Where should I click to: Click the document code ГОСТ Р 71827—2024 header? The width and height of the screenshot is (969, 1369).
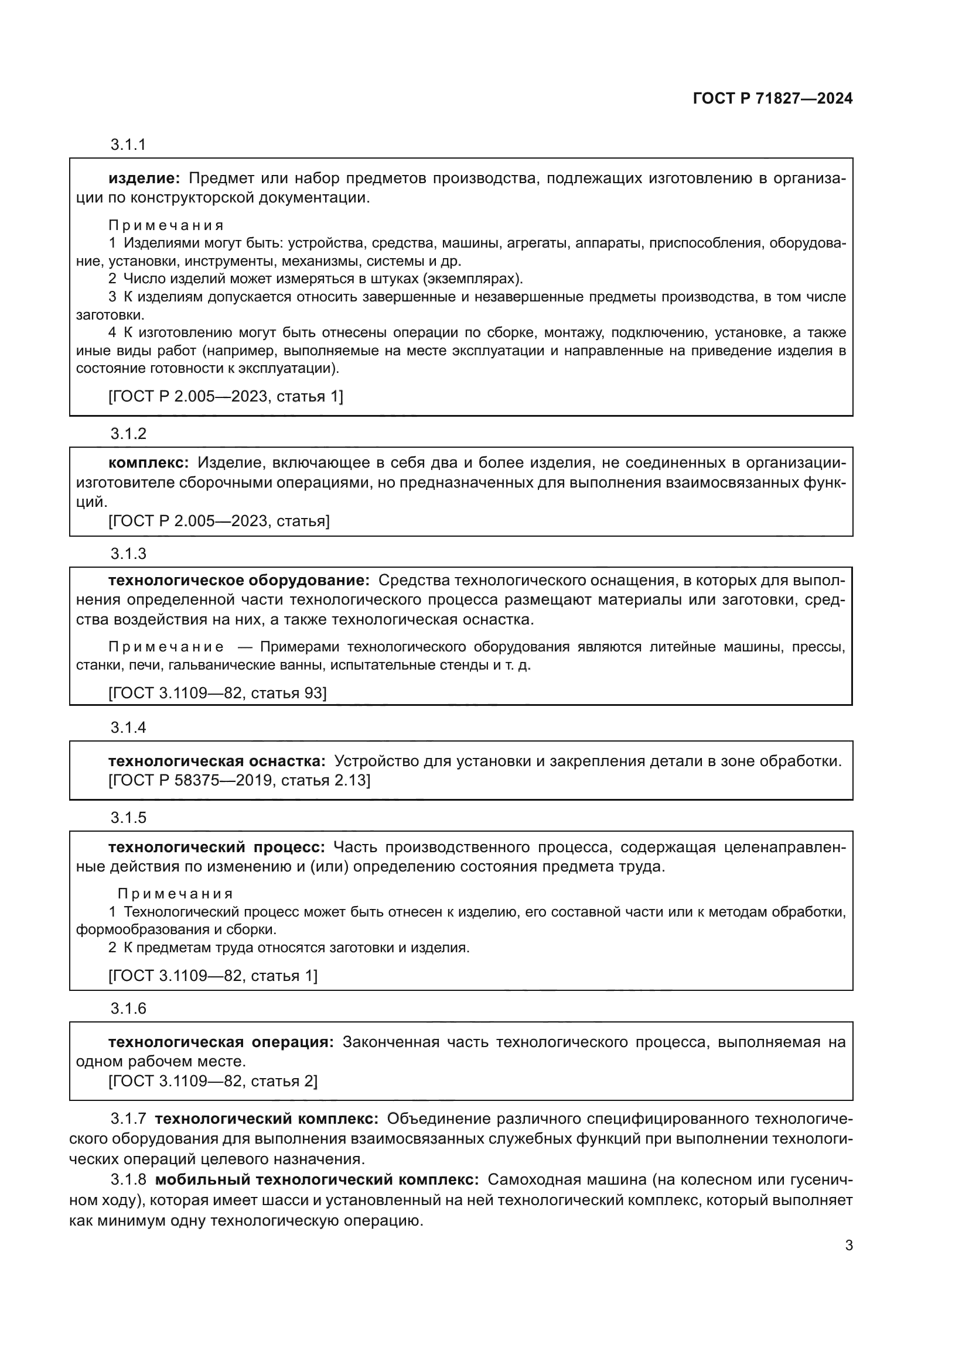(x=773, y=99)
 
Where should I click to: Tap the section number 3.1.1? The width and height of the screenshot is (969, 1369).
(x=128, y=145)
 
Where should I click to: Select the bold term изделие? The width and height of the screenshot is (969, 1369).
(x=144, y=179)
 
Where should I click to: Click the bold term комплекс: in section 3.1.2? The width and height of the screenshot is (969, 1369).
(x=149, y=463)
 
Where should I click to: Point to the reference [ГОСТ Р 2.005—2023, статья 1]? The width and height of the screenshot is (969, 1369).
(x=226, y=396)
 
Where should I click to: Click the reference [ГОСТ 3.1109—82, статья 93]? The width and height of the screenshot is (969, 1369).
(x=217, y=693)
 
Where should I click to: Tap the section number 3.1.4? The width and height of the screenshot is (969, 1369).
(x=128, y=728)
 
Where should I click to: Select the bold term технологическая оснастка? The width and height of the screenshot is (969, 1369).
(x=217, y=761)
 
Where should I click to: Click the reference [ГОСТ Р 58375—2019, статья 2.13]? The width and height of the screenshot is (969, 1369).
(x=239, y=781)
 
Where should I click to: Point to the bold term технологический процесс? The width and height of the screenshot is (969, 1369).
(x=216, y=848)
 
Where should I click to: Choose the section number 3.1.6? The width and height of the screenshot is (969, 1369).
(x=128, y=1008)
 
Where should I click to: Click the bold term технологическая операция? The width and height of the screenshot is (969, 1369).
(x=221, y=1042)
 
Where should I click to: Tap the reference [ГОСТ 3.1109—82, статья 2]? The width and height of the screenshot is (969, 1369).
(x=213, y=1081)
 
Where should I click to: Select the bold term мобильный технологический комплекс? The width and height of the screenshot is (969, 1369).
(x=317, y=1179)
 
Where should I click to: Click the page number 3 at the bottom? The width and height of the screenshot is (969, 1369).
(x=848, y=1246)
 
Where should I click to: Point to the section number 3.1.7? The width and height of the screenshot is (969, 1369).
(x=128, y=1119)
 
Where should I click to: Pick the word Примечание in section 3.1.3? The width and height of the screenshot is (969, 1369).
(x=166, y=647)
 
